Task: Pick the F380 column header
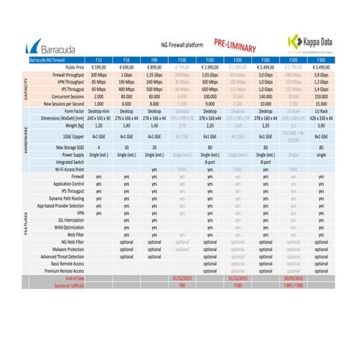click(x=321, y=60)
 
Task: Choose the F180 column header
click(x=210, y=60)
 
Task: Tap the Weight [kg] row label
click(x=71, y=125)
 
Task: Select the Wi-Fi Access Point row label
click(x=65, y=170)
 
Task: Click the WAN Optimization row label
click(x=66, y=229)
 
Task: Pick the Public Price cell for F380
click(x=321, y=67)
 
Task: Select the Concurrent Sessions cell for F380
click(x=321, y=96)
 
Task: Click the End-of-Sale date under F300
click(x=293, y=279)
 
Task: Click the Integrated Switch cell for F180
click(x=210, y=162)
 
